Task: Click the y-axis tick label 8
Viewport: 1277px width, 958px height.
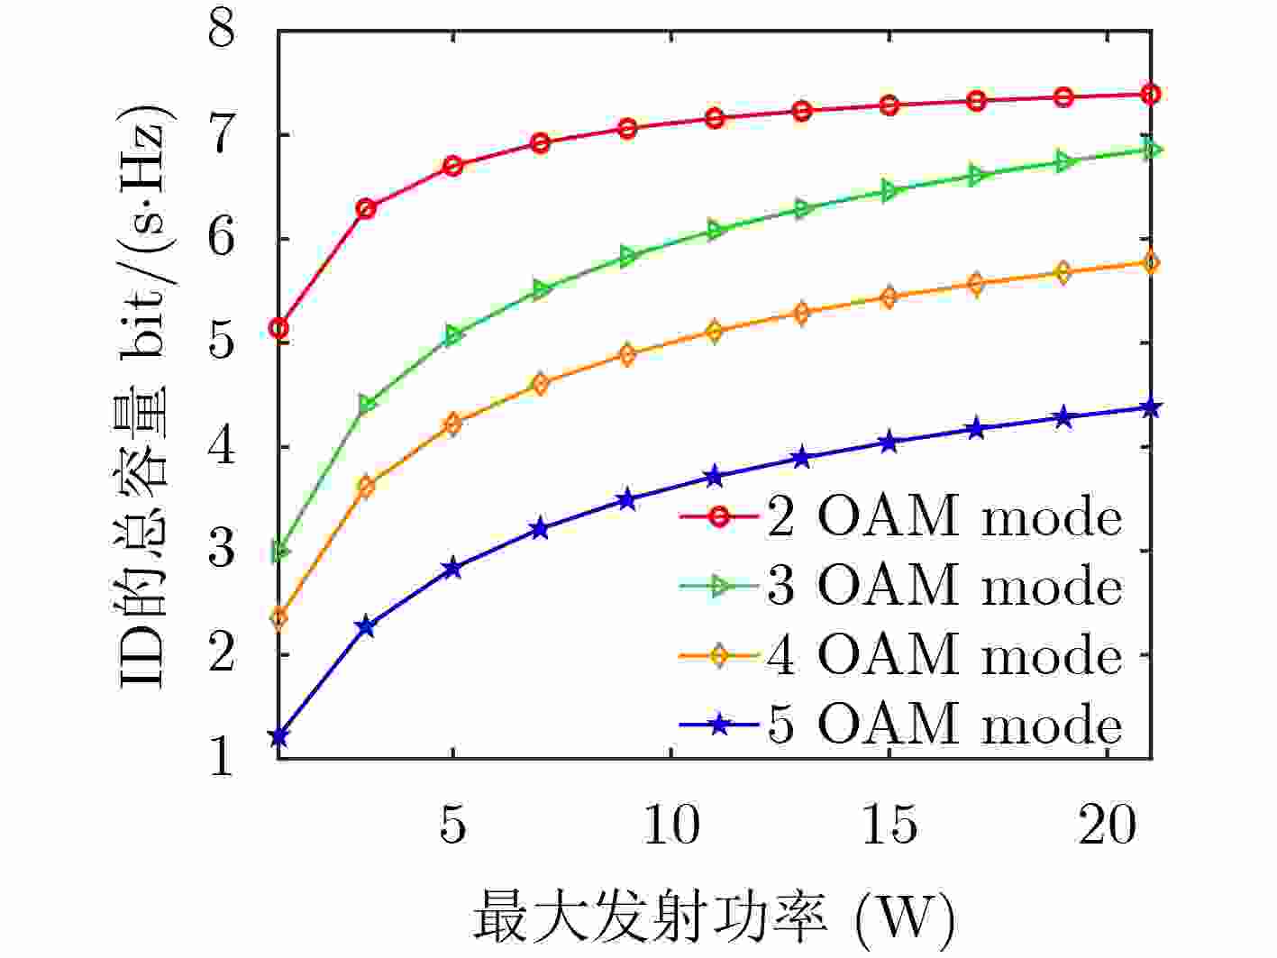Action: [222, 32]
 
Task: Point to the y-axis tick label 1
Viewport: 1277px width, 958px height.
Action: [222, 759]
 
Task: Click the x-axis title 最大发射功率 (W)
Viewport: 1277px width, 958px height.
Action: [712, 917]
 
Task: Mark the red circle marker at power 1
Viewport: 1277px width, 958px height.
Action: [278, 328]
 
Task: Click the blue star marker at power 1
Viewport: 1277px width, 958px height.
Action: [278, 737]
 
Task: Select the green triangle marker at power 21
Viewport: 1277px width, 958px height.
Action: [1151, 150]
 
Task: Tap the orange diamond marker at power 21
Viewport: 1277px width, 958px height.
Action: [1151, 262]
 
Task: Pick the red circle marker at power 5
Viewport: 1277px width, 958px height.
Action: [452, 166]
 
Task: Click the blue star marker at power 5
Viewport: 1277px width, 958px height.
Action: [452, 569]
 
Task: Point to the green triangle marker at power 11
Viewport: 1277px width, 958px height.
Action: [715, 231]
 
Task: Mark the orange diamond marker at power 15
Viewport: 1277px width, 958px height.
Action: [889, 297]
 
